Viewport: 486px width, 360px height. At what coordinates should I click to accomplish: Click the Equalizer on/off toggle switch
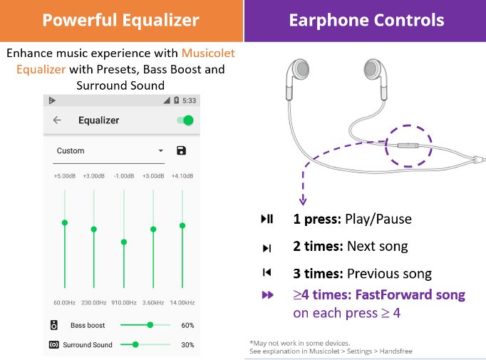tap(186, 120)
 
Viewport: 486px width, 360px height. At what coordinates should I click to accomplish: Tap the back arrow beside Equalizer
tap(57, 120)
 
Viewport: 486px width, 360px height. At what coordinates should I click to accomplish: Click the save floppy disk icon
tap(181, 150)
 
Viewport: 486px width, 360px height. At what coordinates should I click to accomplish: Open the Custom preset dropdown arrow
tap(160, 150)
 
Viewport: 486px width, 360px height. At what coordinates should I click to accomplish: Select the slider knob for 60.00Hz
tap(65, 222)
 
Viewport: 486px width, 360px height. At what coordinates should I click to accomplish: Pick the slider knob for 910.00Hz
tap(124, 242)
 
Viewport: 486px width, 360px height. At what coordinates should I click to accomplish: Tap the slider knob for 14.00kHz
tap(182, 225)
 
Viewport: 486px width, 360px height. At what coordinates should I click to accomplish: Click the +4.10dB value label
tap(182, 176)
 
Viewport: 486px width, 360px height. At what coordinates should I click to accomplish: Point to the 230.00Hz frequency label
tap(94, 303)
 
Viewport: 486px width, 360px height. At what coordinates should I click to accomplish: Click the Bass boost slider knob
tap(150, 325)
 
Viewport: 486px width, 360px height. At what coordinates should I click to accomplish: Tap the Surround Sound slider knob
tap(135, 344)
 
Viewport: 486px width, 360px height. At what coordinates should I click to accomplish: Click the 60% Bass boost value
tap(187, 325)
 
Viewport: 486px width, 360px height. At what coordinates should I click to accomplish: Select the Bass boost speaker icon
tap(54, 325)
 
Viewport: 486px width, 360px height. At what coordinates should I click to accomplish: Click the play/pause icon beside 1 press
tap(267, 219)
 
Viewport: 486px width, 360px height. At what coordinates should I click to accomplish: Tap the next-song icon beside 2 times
tap(267, 248)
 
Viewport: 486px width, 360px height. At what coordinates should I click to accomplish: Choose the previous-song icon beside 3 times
tap(267, 272)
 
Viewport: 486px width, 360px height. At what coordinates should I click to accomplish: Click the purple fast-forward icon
tap(268, 294)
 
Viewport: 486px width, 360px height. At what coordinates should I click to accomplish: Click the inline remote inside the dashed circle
tap(408, 145)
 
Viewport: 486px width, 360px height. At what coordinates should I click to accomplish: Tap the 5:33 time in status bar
tap(189, 101)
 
